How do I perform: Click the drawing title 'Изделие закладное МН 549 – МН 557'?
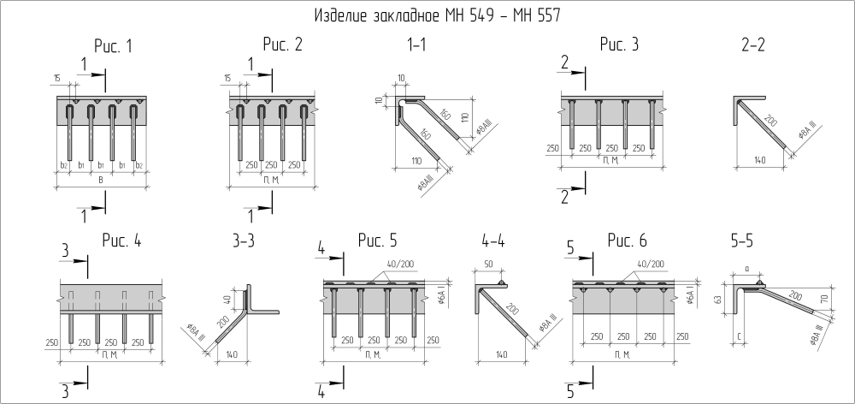(x=439, y=15)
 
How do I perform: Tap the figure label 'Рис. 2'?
(x=283, y=45)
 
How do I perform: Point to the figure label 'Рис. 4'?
(x=121, y=241)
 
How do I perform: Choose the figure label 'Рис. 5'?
(x=377, y=241)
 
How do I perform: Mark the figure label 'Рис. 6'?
(x=628, y=241)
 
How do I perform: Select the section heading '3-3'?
(x=244, y=241)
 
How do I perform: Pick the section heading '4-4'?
(x=493, y=241)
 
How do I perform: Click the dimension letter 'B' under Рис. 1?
(x=102, y=180)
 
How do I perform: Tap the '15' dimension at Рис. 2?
(x=228, y=80)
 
